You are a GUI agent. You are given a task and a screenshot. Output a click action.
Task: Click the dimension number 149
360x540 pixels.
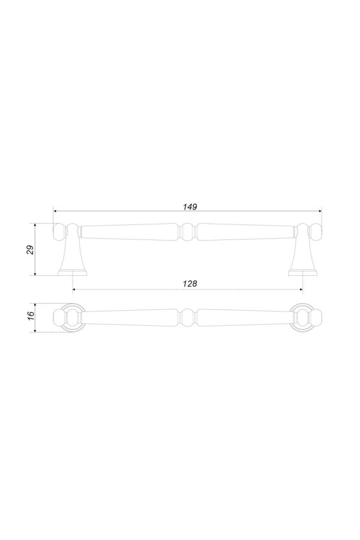point(190,206)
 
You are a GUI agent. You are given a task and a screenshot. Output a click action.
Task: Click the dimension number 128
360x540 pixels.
point(190,283)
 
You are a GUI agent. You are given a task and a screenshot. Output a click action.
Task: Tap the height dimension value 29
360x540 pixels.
point(31,250)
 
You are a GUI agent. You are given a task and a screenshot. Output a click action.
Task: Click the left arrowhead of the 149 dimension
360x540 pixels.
point(55,211)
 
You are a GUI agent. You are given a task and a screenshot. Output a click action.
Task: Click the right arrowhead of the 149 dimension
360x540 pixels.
point(319,211)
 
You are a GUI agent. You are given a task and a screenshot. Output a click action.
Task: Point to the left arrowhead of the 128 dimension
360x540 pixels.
point(74,290)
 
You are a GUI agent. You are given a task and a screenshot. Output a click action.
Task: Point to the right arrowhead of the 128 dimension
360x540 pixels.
point(301,290)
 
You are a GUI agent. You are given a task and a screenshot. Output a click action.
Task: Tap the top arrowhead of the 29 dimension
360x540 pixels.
point(35,226)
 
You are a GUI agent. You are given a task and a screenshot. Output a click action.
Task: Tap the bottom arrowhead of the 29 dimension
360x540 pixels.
point(35,274)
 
